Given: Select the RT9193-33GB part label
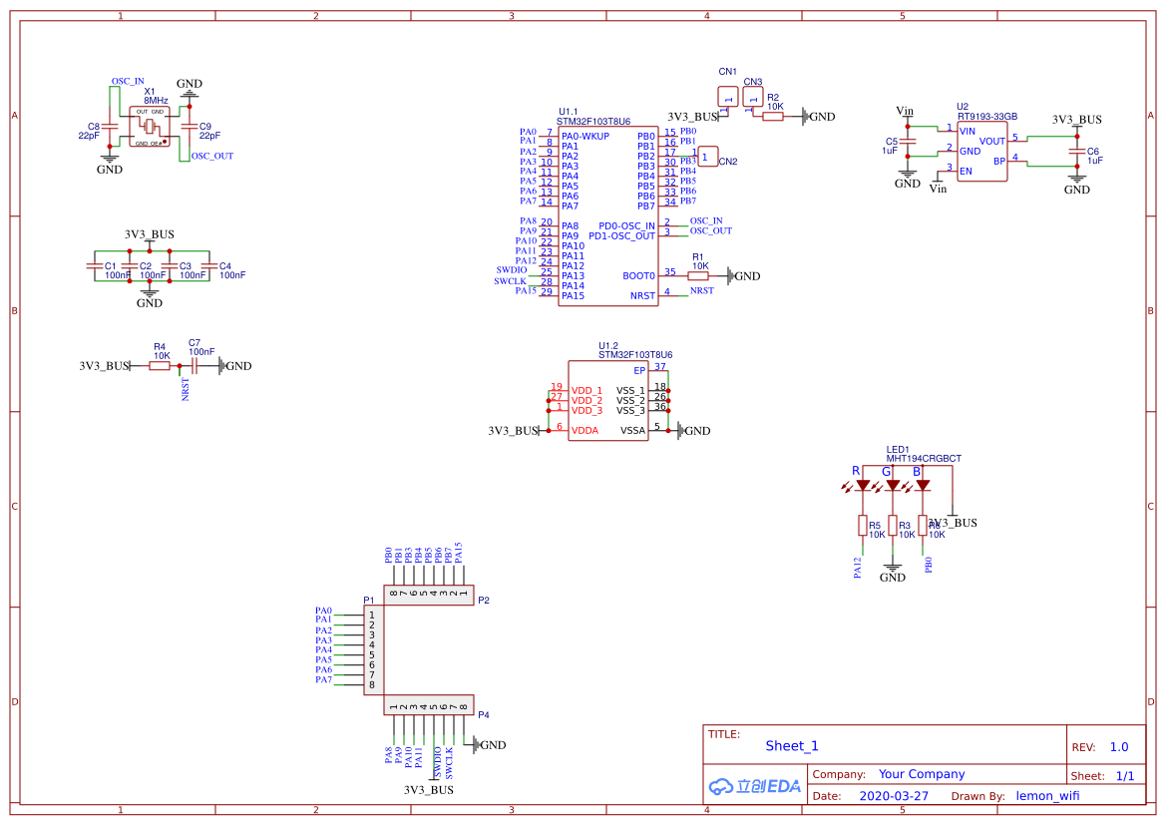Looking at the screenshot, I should tap(986, 116).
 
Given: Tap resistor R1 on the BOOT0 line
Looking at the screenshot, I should tap(698, 276).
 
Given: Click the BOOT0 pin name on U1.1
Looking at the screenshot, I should tap(639, 276).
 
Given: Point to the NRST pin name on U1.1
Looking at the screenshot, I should tap(642, 296).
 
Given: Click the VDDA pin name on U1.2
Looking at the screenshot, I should tap(584, 431).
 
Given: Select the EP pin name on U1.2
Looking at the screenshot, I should tap(639, 370).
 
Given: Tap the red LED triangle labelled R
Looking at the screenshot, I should tap(862, 486).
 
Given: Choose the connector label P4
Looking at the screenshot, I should tap(483, 715).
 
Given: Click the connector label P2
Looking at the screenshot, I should tap(483, 601).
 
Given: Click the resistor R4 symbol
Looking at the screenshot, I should tap(160, 366).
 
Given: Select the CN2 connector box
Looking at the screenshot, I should tap(706, 157).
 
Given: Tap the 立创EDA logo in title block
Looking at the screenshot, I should tap(754, 786).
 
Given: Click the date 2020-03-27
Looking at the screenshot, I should tap(893, 796).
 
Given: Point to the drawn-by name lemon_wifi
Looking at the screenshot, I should tap(1047, 796).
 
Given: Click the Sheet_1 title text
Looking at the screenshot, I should tap(791, 746).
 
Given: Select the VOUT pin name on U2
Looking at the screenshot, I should tap(991, 142).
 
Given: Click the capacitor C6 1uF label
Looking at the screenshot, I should tap(1094, 156).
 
